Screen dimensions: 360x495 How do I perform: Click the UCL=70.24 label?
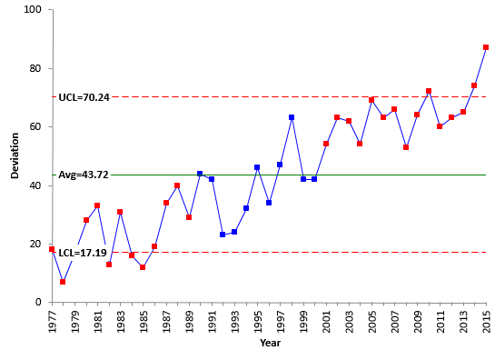(x=84, y=97)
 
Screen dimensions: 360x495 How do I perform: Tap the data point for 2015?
(x=486, y=47)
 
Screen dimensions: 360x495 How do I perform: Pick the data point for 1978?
(x=63, y=282)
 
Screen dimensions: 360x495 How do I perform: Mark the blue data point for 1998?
(x=292, y=117)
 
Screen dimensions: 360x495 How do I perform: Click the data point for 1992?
(x=223, y=235)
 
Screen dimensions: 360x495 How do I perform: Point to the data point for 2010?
(x=429, y=91)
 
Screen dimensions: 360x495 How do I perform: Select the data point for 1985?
(x=143, y=267)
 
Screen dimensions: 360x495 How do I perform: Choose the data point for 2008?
(x=406, y=147)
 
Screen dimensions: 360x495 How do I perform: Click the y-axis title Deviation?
(x=15, y=155)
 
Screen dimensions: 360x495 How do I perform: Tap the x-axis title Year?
(x=269, y=344)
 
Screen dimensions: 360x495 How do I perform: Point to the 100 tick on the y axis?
(x=35, y=10)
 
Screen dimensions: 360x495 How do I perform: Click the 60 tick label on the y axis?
(x=37, y=127)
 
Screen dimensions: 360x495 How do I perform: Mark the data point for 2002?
(x=337, y=117)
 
